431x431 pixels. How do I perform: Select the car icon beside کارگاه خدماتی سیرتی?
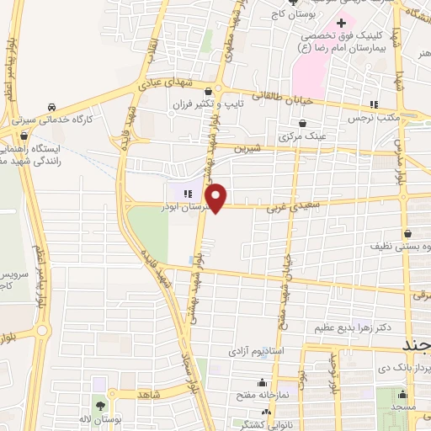coord(52,108)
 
